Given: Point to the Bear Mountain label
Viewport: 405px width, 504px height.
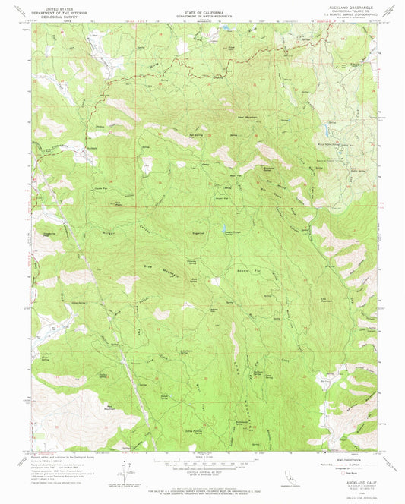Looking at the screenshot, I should point(228,117).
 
